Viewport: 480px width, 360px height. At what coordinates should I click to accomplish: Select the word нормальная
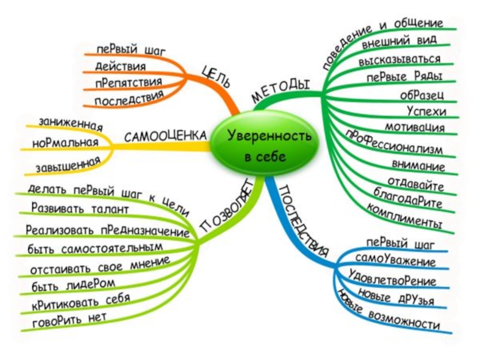(65, 143)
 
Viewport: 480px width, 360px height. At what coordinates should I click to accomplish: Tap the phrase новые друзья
(395, 295)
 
